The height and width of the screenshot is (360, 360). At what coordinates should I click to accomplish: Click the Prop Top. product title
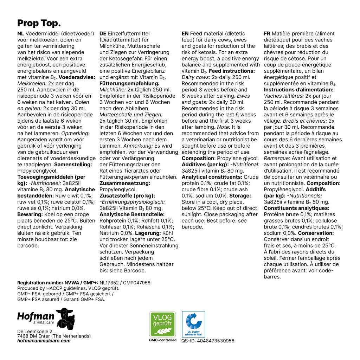click(x=39, y=23)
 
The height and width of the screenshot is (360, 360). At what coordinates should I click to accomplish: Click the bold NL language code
click(x=21, y=34)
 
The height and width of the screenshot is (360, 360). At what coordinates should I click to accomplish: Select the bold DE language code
click(x=103, y=34)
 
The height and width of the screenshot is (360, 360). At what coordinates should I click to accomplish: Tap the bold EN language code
click(x=185, y=34)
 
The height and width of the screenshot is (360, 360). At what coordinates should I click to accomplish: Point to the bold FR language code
click(x=267, y=34)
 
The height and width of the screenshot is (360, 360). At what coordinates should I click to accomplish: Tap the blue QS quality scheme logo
click(x=193, y=324)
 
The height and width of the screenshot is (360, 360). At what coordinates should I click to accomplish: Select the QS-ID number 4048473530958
click(x=208, y=341)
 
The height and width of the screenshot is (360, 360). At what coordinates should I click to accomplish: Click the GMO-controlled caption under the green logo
click(x=160, y=340)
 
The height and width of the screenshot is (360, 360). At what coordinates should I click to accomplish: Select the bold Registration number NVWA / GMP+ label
click(x=58, y=282)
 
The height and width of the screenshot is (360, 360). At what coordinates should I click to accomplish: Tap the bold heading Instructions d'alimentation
click(x=298, y=90)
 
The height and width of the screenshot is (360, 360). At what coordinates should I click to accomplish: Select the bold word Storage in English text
click(x=240, y=195)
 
